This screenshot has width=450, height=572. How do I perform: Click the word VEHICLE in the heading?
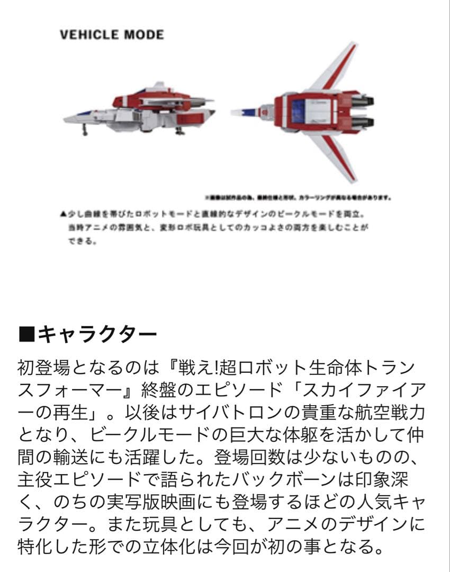pyautogui.click(x=89, y=35)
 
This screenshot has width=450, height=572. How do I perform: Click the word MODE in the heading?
pyautogui.click(x=144, y=35)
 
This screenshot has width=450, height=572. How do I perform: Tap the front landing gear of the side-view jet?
pyautogui.click(x=84, y=129)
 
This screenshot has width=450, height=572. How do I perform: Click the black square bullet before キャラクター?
pyautogui.click(x=26, y=334)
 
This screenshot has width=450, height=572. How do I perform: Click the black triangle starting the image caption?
pyautogui.click(x=64, y=215)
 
